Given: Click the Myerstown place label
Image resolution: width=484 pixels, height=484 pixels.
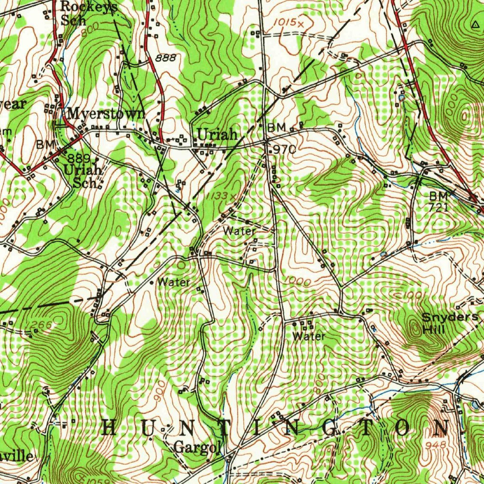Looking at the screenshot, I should click(105, 114).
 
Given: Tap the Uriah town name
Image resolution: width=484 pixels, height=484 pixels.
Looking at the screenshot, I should click(217, 135).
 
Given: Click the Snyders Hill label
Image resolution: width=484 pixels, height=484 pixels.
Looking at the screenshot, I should click(449, 323).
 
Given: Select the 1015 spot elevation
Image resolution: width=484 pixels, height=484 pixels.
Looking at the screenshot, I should click(287, 22).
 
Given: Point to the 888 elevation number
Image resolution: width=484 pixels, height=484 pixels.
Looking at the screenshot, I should click(165, 58).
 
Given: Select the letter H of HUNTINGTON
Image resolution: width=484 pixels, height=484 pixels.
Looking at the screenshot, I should click(109, 428).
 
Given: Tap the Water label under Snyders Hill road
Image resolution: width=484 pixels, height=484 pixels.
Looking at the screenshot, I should click(309, 336).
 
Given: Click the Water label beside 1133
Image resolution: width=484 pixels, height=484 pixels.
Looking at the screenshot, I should click(240, 231).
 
